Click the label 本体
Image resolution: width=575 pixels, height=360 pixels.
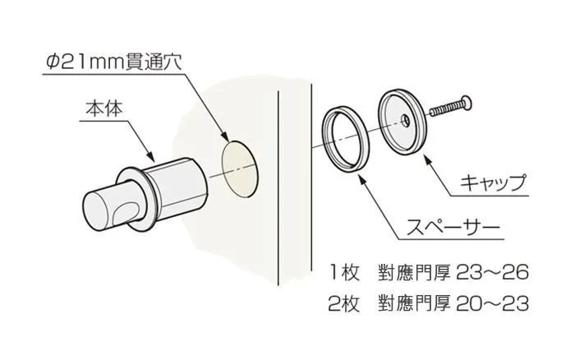pyautogui.click(x=103, y=109)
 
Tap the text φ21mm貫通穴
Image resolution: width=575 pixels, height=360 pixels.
pyautogui.click(x=113, y=63)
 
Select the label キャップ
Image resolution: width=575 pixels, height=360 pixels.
pyautogui.click(x=494, y=182)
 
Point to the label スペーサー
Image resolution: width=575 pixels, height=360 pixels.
pyautogui.click(x=453, y=228)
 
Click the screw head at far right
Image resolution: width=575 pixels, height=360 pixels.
pyautogui.click(x=466, y=103)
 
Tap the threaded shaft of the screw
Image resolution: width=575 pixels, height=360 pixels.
pyautogui.click(x=445, y=108)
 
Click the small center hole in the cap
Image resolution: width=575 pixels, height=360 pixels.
pyautogui.click(x=406, y=120)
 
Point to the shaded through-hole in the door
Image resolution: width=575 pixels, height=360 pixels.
pyautogui.click(x=239, y=169)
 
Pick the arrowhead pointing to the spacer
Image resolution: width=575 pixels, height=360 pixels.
pyautogui.click(x=362, y=178)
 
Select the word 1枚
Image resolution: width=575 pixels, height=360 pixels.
pyautogui.click(x=345, y=273)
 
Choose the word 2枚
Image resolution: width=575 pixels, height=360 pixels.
pyautogui.click(x=344, y=304)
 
